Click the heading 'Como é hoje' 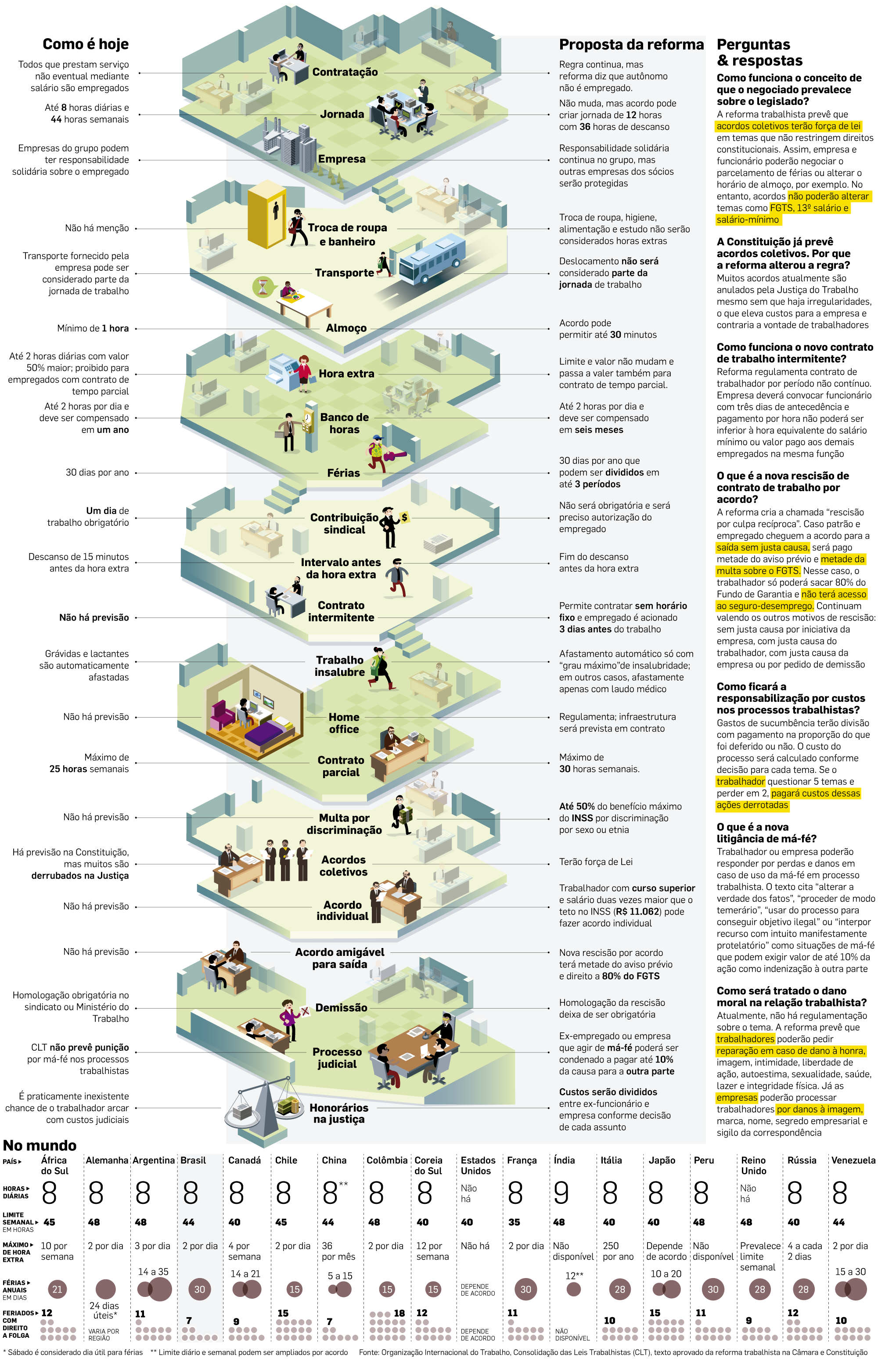click(86, 44)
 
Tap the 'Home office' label click(344, 723)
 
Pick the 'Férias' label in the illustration click(343, 473)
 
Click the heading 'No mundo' click(40, 1146)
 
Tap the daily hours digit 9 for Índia click(561, 1192)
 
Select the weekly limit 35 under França click(514, 1222)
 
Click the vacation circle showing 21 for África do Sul click(57, 1289)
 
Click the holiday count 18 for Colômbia click(399, 1313)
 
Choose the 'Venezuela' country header click(853, 1160)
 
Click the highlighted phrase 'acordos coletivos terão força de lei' click(788, 126)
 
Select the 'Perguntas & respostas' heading click(759, 52)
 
